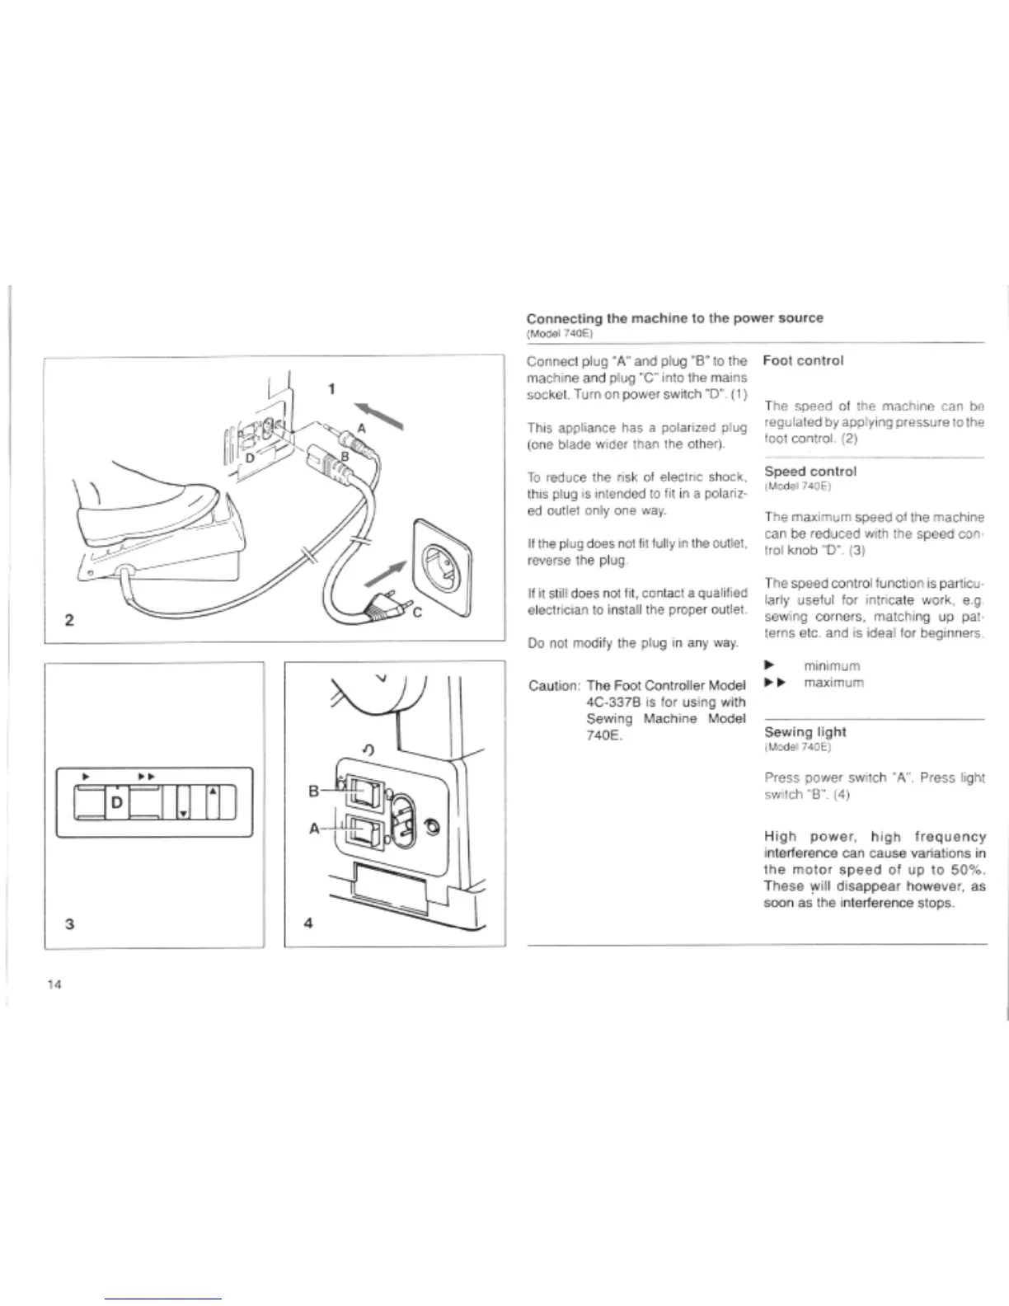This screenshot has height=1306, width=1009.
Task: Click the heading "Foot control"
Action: (x=803, y=360)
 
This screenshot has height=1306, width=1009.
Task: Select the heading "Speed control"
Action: (x=810, y=472)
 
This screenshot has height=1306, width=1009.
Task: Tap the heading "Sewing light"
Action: (x=805, y=732)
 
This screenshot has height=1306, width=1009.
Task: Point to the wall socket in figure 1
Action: (x=443, y=552)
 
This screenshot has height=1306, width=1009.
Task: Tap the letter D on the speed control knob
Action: (x=116, y=801)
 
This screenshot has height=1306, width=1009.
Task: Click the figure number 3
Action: (x=69, y=923)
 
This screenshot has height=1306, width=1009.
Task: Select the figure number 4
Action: (x=307, y=923)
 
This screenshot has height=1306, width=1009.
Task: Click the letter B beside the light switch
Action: (x=313, y=792)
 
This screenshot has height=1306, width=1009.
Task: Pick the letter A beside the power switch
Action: (x=314, y=829)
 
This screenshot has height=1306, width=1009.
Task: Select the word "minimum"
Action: (x=832, y=665)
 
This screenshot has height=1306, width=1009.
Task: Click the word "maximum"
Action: (x=833, y=683)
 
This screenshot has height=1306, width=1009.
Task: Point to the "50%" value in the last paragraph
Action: (x=968, y=870)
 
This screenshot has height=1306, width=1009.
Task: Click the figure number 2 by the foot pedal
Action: (x=69, y=620)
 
